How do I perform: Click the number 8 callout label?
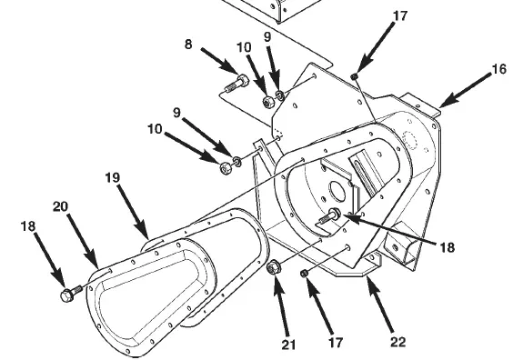[x=188, y=44]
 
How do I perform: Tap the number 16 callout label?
[x=499, y=69]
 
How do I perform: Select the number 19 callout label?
[x=113, y=177]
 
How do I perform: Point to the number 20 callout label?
[x=60, y=206]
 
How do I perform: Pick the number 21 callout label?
[x=289, y=345]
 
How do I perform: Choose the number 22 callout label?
[x=397, y=342]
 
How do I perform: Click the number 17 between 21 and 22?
[x=336, y=343]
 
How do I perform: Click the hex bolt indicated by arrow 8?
[x=237, y=84]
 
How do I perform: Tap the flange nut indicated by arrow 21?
[x=274, y=266]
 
